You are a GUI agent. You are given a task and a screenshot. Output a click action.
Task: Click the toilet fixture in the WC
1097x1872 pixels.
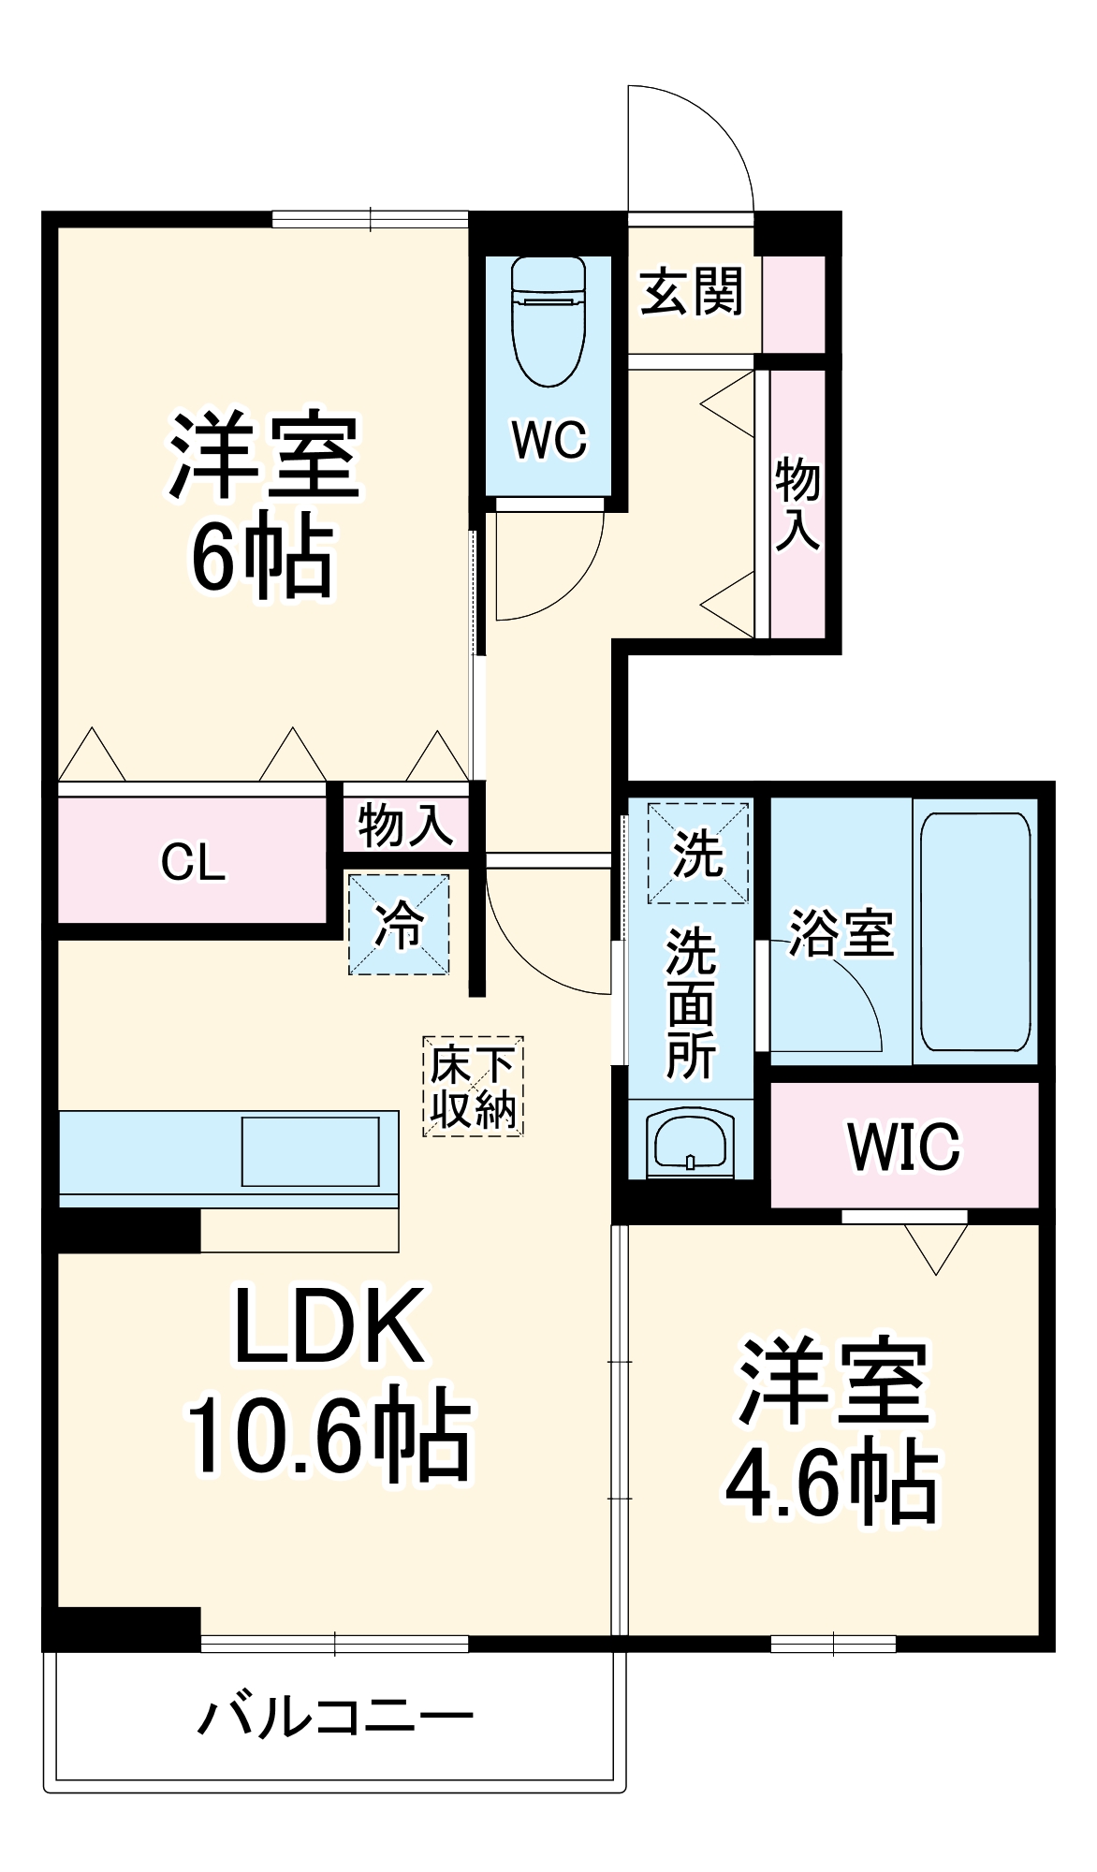pyautogui.click(x=548, y=321)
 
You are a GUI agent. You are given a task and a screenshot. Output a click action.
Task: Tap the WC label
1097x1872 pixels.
pyautogui.click(x=548, y=439)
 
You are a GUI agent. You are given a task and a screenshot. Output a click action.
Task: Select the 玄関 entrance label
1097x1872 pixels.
pyautogui.click(x=692, y=291)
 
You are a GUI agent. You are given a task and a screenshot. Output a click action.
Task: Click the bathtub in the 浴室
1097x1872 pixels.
pyautogui.click(x=975, y=931)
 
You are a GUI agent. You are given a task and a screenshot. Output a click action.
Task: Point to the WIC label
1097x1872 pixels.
pyautogui.click(x=903, y=1146)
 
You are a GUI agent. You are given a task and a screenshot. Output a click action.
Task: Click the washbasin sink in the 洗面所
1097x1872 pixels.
pyautogui.click(x=690, y=1142)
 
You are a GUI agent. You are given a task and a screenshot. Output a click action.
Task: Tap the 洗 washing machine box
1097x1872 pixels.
pyautogui.click(x=697, y=853)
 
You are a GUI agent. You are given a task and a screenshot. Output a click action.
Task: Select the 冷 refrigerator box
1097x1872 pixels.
pyautogui.click(x=399, y=925)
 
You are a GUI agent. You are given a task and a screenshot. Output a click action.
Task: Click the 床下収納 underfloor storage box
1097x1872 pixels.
pyautogui.click(x=473, y=1087)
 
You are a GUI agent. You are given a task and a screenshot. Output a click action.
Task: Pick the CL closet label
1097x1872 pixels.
pyautogui.click(x=193, y=862)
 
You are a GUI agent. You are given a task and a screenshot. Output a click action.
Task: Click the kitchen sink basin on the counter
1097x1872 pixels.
pyautogui.click(x=310, y=1151)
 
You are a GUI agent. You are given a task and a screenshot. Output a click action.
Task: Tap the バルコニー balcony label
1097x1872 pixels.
pyautogui.click(x=335, y=1718)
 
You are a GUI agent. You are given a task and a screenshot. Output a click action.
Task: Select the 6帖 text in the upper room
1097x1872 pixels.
pyautogui.click(x=262, y=557)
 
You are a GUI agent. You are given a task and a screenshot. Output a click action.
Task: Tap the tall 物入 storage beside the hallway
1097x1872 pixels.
pyautogui.click(x=797, y=504)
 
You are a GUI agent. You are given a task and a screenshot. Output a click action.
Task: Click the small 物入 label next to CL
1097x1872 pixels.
pyautogui.click(x=405, y=825)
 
